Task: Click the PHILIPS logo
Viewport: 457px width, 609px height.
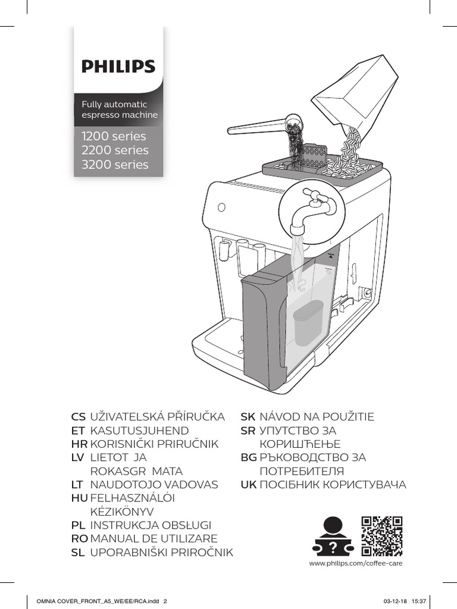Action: click(118, 65)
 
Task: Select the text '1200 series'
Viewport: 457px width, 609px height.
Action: click(114, 136)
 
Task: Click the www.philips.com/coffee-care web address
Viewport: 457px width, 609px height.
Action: click(351, 563)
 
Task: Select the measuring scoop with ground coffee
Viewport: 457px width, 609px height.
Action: click(262, 126)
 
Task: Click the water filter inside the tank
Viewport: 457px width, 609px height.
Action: click(305, 322)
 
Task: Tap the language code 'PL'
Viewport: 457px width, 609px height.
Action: click(78, 525)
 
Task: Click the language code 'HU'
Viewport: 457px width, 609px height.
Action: click(79, 498)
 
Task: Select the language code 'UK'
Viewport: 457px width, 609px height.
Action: click(248, 485)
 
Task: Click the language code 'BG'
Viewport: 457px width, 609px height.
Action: click(248, 457)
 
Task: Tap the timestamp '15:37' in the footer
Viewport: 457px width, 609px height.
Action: click(419, 601)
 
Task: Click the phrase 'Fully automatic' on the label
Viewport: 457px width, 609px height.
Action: click(114, 104)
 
